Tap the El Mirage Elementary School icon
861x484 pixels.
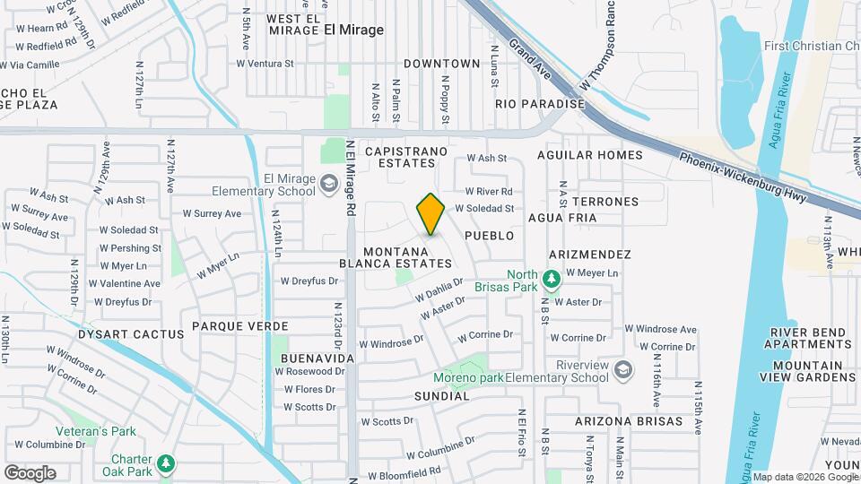328,184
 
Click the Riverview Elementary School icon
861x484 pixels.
622,368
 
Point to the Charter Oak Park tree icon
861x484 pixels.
165,462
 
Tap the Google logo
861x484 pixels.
30,472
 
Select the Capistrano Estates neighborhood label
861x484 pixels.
400,157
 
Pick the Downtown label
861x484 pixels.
442,64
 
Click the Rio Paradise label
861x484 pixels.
540,104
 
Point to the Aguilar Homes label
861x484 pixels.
589,155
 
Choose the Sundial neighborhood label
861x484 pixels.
442,395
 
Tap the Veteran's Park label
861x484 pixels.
95,431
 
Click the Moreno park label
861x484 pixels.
467,377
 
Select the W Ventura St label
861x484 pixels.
265,64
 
